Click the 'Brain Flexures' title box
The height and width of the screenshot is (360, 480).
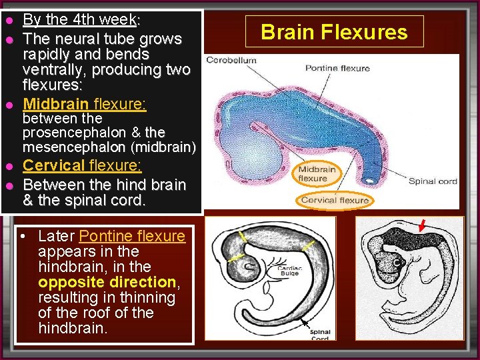tap(334, 32)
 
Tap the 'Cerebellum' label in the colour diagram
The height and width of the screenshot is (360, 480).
tap(231, 60)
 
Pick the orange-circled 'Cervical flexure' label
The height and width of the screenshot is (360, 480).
tap(335, 200)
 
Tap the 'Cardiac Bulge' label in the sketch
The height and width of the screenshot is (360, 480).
tap(289, 270)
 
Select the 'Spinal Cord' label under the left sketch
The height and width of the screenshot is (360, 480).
tap(321, 335)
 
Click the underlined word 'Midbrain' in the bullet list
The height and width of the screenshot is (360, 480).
tap(56, 104)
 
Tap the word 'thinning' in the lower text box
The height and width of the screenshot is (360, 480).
tap(142, 297)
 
